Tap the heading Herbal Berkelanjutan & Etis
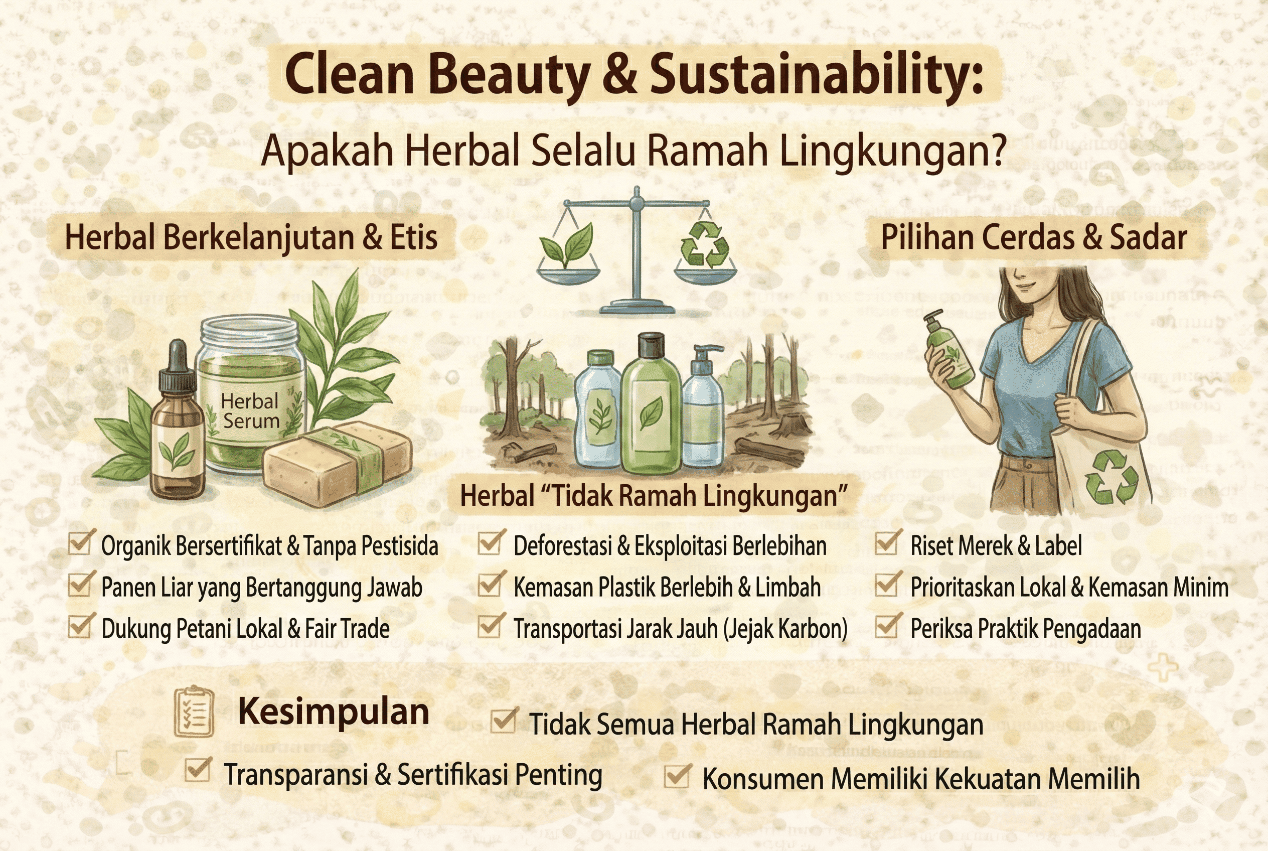[x=251, y=238]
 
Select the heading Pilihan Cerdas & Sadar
[x=1034, y=238]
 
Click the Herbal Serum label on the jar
[x=251, y=411]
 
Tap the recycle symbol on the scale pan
[x=704, y=245]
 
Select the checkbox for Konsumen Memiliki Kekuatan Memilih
[x=677, y=776]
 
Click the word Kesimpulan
[x=333, y=712]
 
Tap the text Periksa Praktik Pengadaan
[x=1025, y=629]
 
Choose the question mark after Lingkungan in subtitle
[x=997, y=151]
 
